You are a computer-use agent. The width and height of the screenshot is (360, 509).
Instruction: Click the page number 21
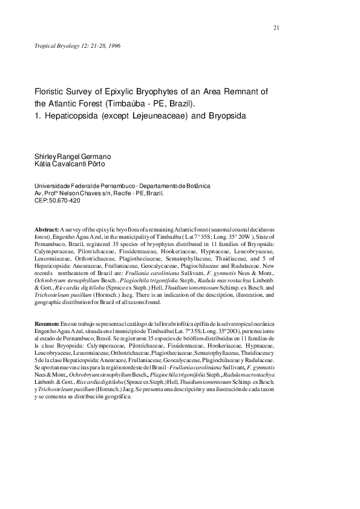(276, 28)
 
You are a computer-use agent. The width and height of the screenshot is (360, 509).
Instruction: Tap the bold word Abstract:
(47, 231)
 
